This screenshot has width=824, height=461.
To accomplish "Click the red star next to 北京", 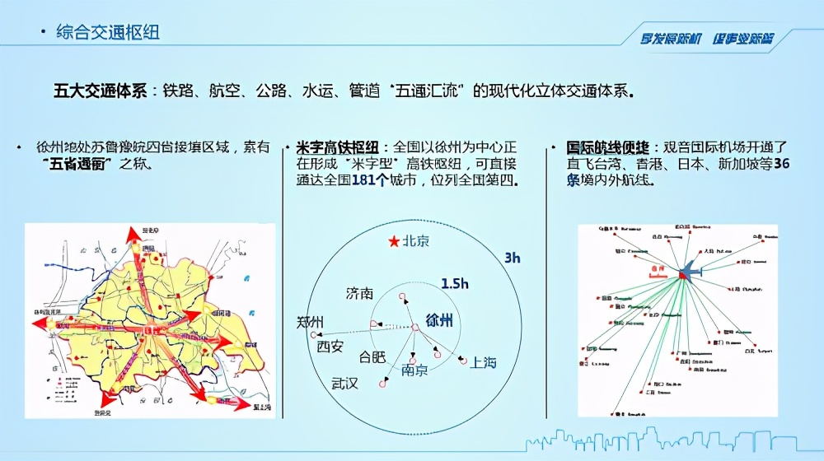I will (x=393, y=242).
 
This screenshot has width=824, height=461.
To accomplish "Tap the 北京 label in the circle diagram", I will (x=415, y=242).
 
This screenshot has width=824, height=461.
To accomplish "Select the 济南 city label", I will (x=359, y=294).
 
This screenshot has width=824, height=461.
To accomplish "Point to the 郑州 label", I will (x=311, y=322).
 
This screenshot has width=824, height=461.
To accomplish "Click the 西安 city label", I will (x=330, y=347).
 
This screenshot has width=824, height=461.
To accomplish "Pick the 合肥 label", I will (x=372, y=357).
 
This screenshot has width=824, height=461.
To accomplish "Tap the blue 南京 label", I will (x=414, y=370).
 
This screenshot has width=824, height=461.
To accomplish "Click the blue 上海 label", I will (x=484, y=361).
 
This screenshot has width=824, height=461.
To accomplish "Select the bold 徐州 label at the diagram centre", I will (x=438, y=319).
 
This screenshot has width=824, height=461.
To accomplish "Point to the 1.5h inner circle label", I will (x=455, y=284).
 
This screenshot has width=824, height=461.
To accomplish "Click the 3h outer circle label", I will (x=512, y=258).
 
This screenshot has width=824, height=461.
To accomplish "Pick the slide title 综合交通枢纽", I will (x=108, y=33).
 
